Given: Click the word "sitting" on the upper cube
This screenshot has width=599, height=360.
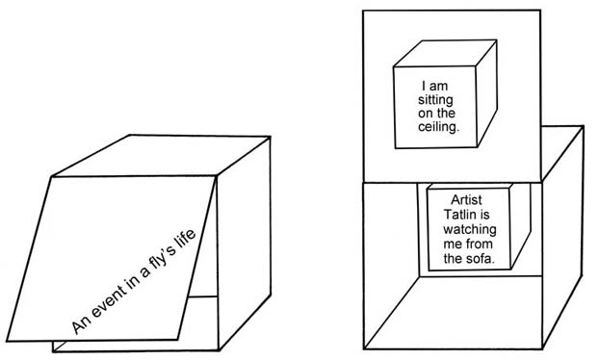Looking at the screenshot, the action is pyautogui.click(x=435, y=100).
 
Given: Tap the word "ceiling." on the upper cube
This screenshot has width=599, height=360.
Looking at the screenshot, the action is pyautogui.click(x=438, y=127).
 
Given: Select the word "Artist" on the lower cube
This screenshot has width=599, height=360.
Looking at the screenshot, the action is pyautogui.click(x=466, y=199).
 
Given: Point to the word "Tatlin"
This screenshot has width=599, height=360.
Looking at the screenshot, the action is pyautogui.click(x=459, y=214).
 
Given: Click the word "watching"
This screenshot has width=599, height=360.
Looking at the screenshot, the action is pyautogui.click(x=470, y=229).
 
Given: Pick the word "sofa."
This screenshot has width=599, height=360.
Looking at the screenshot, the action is pyautogui.click(x=481, y=259).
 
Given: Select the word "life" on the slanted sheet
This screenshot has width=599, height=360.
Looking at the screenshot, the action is pyautogui.click(x=185, y=239).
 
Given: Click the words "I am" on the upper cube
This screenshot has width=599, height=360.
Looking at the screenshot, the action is pyautogui.click(x=434, y=86).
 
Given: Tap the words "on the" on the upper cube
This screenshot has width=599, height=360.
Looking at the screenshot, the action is pyautogui.click(x=436, y=114).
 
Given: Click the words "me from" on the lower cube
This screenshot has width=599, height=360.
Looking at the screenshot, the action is pyautogui.click(x=468, y=244).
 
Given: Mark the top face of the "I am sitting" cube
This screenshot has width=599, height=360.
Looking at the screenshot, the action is pyautogui.click(x=446, y=54).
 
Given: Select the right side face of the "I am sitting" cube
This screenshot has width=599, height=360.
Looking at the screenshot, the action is pyautogui.click(x=486, y=93).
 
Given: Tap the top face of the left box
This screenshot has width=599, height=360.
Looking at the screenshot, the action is pyautogui.click(x=162, y=156).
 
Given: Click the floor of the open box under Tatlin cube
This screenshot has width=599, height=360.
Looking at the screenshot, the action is pyautogui.click(x=454, y=312).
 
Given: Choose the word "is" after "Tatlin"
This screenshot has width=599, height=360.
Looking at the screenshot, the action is pyautogui.click(x=484, y=214).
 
